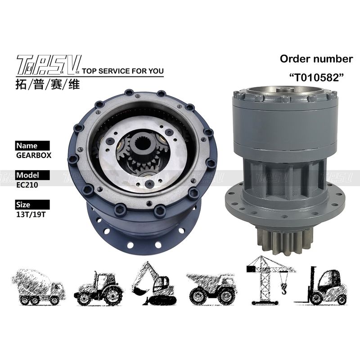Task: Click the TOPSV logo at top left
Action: tap(49, 65)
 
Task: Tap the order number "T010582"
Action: tap(316, 77)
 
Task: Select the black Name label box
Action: tap(32, 145)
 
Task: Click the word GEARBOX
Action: tap(34, 155)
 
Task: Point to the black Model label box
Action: tap(32, 175)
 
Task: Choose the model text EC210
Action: tap(27, 185)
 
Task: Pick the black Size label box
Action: tap(32, 205)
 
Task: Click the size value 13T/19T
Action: tap(31, 215)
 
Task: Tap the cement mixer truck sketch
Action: tap(38, 287)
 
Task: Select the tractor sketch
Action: tap(98, 288)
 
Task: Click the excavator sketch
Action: tap(154, 283)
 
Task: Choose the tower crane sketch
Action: tap(270, 280)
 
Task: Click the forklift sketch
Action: tap(321, 286)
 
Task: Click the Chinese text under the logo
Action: tap(48, 84)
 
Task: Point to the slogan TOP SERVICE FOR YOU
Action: tap(123, 71)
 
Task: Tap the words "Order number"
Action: tap(316, 59)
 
